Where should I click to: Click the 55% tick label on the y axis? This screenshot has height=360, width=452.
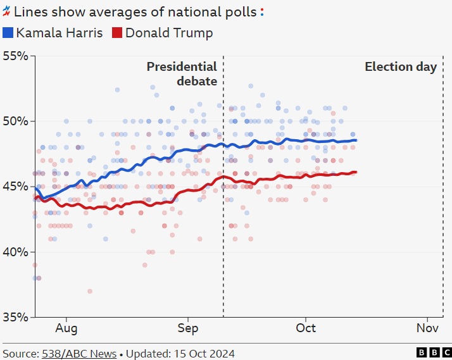coord(15,56)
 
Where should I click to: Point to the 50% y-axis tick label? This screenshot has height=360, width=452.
coord(15,121)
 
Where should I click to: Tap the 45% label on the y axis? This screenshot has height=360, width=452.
coord(15,187)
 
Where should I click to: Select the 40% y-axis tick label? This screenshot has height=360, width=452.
coord(15,252)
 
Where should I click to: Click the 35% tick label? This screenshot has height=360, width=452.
coord(15,317)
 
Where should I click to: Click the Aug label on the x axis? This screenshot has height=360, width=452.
coord(66,328)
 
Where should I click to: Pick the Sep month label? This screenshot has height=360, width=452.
coord(188,328)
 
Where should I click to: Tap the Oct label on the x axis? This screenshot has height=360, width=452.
coord(306,328)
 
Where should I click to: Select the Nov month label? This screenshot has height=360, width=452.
coord(427,328)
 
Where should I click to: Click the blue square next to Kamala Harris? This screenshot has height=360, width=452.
coord(8,33)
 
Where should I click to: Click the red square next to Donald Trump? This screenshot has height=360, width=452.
coord(117,33)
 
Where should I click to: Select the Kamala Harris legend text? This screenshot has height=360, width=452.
coord(60,33)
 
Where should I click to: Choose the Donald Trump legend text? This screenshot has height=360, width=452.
coord(169,33)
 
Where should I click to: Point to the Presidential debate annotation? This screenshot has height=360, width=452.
coord(182,73)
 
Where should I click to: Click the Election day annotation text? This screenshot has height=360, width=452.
coord(401,66)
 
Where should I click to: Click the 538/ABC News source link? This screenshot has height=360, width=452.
coord(79,353)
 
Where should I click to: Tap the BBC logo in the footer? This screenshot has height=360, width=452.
coord(434,352)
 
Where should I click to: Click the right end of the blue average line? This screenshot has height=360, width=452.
coord(356,140)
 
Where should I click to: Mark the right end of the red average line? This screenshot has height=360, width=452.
coord(356,171)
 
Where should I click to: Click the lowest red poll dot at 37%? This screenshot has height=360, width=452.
coord(90,291)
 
